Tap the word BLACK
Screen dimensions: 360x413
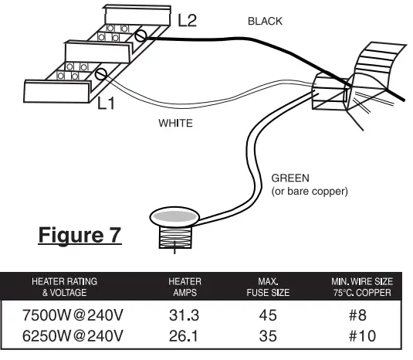(265, 22)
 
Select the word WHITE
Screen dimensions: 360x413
(175, 123)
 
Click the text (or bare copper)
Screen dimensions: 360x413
(310, 190)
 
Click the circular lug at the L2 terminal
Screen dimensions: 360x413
(140, 36)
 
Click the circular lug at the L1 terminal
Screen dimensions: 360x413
(101, 74)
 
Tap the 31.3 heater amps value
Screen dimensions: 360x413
(185, 315)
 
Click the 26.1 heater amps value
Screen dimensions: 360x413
(185, 336)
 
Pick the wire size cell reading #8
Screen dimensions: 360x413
(357, 315)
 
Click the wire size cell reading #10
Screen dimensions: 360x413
(357, 336)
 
